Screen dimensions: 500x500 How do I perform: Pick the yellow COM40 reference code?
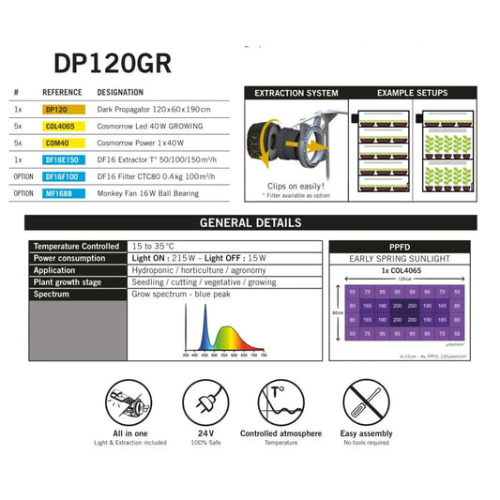pyautogui.click(x=57, y=143)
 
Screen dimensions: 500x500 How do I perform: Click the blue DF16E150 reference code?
pyautogui.click(x=63, y=159)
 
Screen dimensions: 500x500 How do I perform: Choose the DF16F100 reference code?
pyautogui.click(x=63, y=175)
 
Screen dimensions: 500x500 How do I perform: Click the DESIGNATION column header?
pyautogui.click(x=121, y=93)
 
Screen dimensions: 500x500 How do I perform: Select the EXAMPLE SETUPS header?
pyautogui.click(x=412, y=93)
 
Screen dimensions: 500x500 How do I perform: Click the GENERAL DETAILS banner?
pyautogui.click(x=250, y=223)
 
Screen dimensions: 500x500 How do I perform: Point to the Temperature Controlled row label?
pyautogui.click(x=75, y=244)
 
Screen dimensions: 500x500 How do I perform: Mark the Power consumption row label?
pyautogui.click(x=72, y=256)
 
